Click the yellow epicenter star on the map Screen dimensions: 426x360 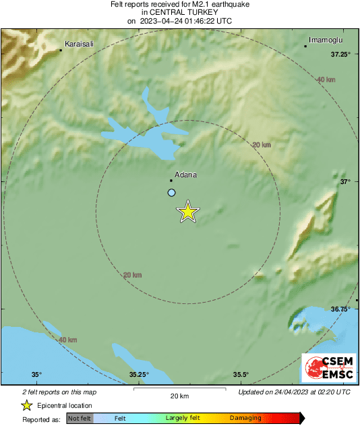pyautogui.click(x=188, y=212)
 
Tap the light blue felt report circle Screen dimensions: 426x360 pyautogui.click(x=171, y=193)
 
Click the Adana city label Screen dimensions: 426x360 pyautogui.click(x=185, y=175)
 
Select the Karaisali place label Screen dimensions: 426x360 pyautogui.click(x=79, y=44)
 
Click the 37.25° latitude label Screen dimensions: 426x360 pyautogui.click(x=340, y=55)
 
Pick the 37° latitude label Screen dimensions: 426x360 pyautogui.click(x=345, y=182)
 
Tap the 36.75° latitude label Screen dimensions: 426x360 pyautogui.click(x=340, y=309)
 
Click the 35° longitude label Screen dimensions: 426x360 pyautogui.click(x=37, y=375)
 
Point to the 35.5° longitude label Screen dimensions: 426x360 pyautogui.click(x=241, y=375)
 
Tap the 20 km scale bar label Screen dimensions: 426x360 pyautogui.click(x=179, y=396)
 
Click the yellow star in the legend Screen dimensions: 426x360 pyautogui.click(x=26, y=405)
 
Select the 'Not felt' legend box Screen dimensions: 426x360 pyautogui.click(x=80, y=419)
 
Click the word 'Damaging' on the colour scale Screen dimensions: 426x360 pyautogui.click(x=245, y=419)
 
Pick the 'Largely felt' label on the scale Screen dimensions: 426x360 pyautogui.click(x=182, y=419)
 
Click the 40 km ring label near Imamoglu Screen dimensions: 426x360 pyautogui.click(x=326, y=80)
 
